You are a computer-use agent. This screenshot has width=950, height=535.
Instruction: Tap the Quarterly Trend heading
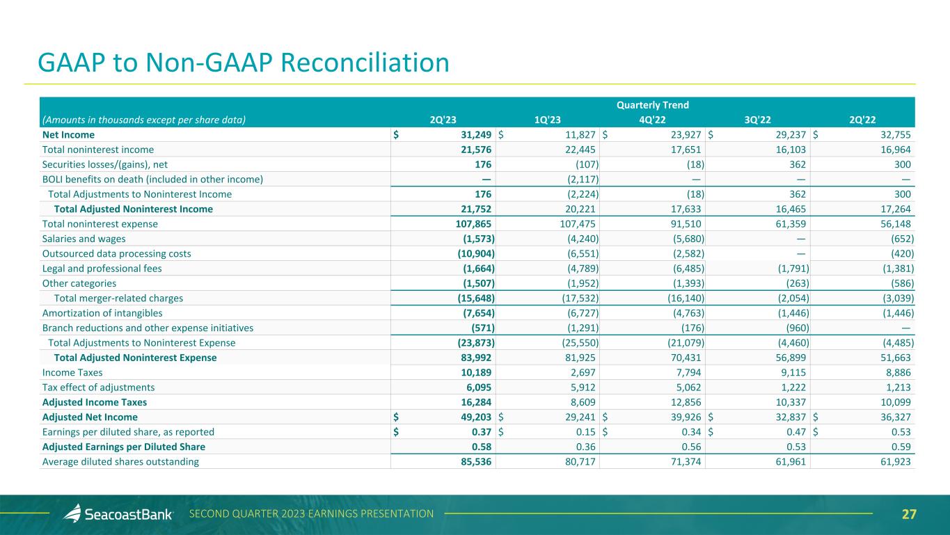653,105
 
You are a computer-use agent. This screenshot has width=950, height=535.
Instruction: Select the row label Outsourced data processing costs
116,253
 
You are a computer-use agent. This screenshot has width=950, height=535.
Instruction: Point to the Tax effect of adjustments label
98,388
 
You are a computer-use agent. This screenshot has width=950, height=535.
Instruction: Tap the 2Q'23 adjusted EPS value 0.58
480,447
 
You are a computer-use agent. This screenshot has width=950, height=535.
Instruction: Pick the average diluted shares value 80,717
579,461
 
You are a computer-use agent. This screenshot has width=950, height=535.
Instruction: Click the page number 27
909,514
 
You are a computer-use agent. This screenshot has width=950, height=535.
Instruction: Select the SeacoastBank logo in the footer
118,514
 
